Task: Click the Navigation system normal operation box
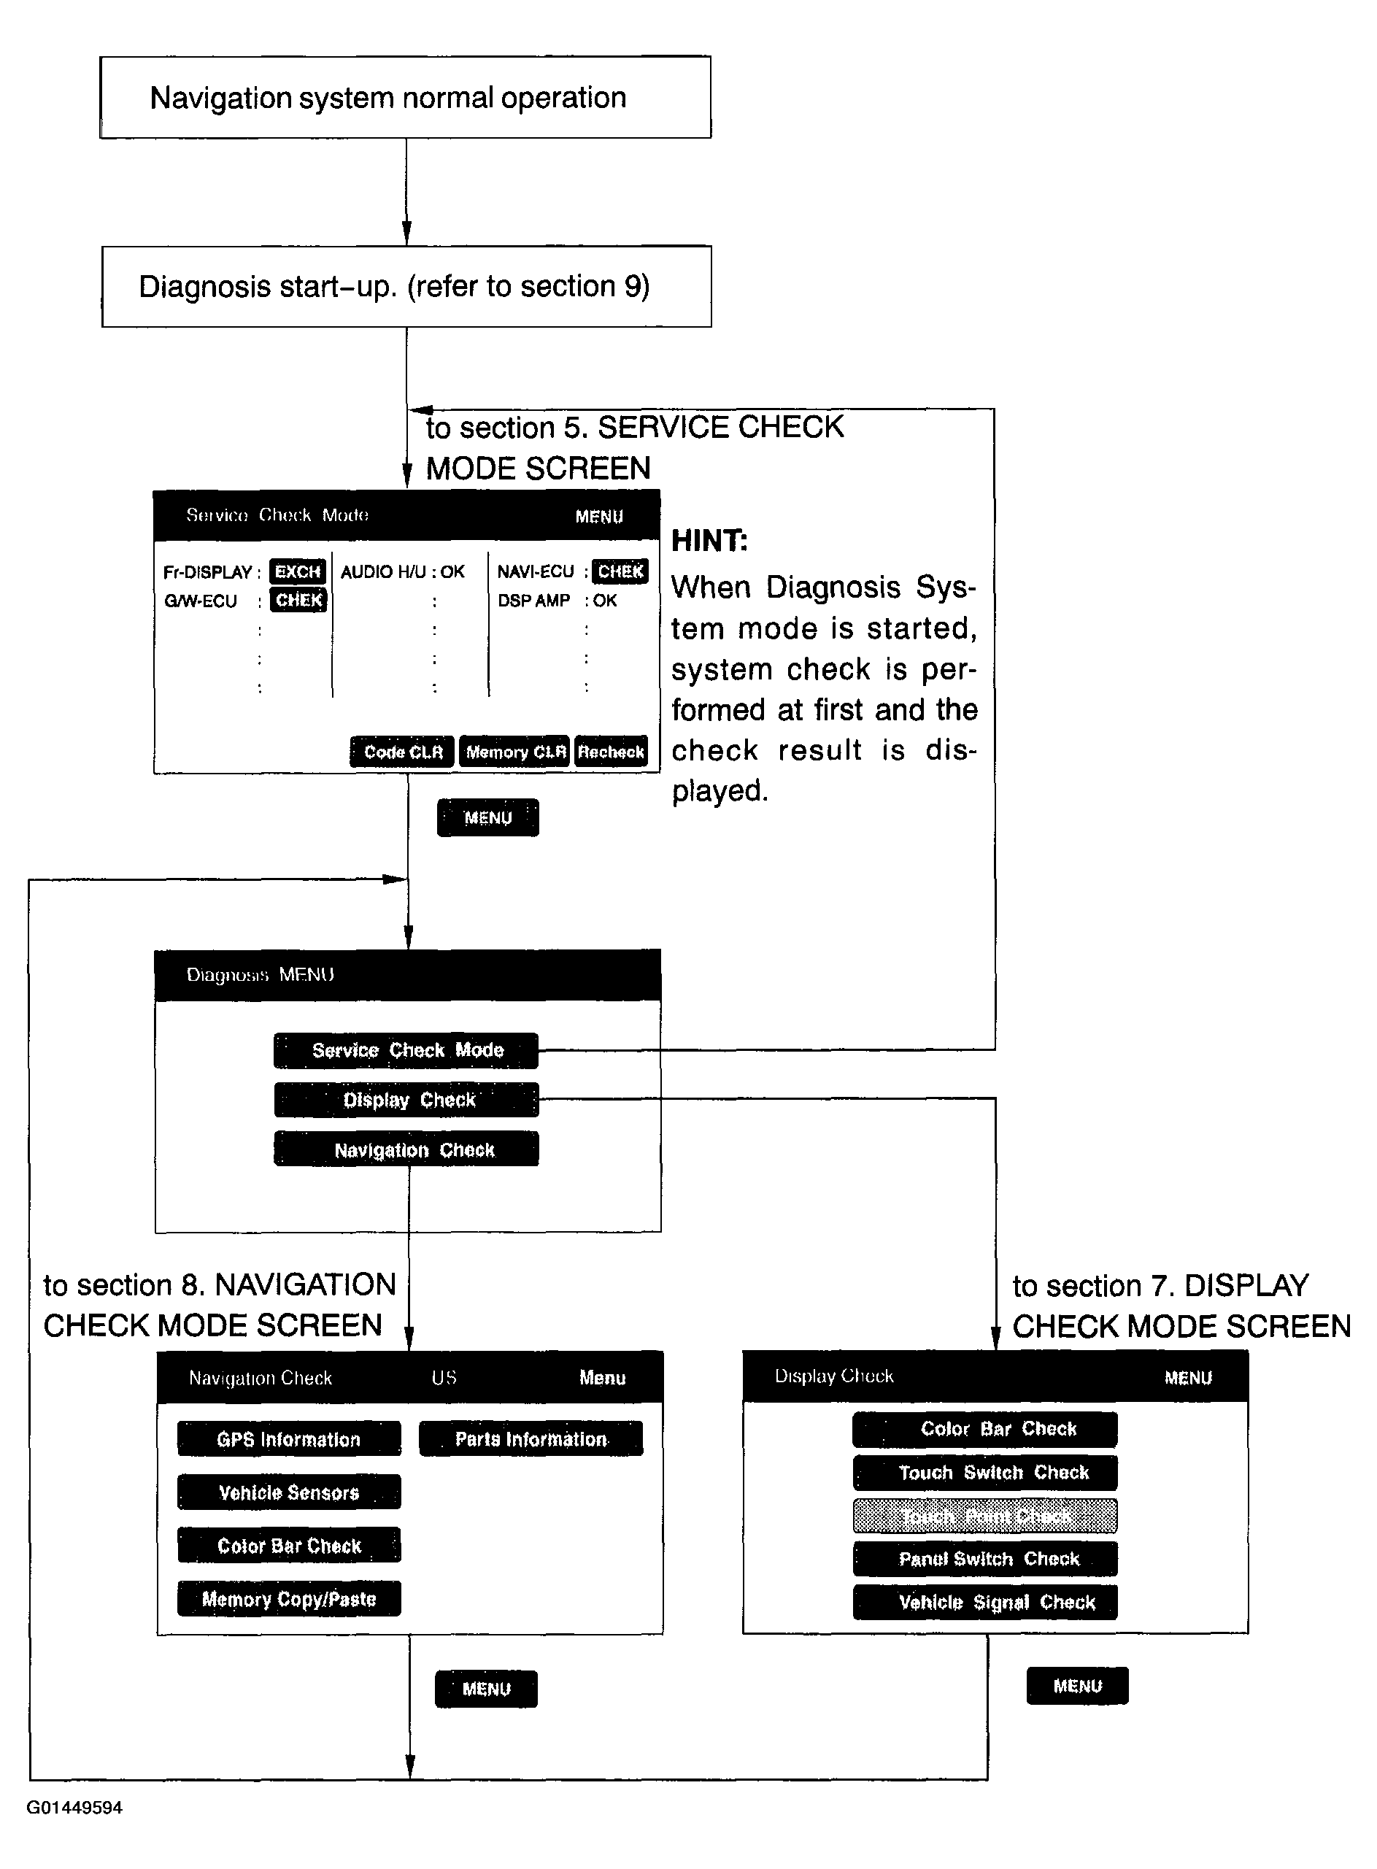point(405,98)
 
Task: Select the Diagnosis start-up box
point(406,286)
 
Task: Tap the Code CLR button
point(402,752)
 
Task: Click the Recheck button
point(611,752)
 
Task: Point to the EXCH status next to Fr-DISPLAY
point(298,572)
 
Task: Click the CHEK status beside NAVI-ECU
point(620,572)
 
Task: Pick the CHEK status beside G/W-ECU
point(298,600)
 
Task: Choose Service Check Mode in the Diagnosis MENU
point(406,1050)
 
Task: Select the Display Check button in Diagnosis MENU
point(406,1100)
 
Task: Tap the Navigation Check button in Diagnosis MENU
point(406,1149)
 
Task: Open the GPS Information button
point(288,1440)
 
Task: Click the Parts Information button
point(531,1439)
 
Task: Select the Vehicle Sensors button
point(288,1492)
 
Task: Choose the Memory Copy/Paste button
point(288,1599)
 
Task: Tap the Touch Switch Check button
point(984,1473)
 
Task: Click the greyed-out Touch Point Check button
point(984,1517)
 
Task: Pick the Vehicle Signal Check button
point(984,1602)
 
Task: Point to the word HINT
point(709,541)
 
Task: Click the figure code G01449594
point(75,1807)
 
